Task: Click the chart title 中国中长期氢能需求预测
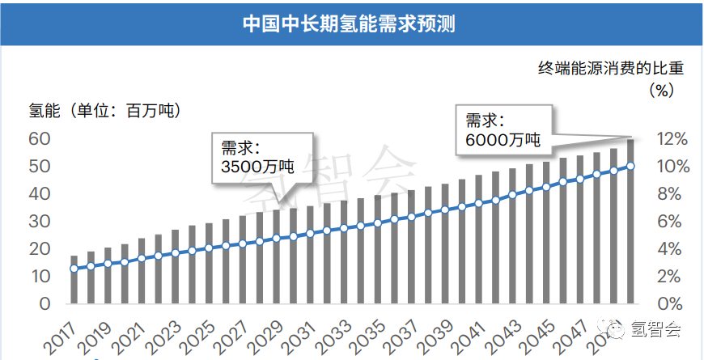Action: point(350,23)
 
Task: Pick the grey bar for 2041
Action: point(478,239)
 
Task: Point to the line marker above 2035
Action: point(377,222)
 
